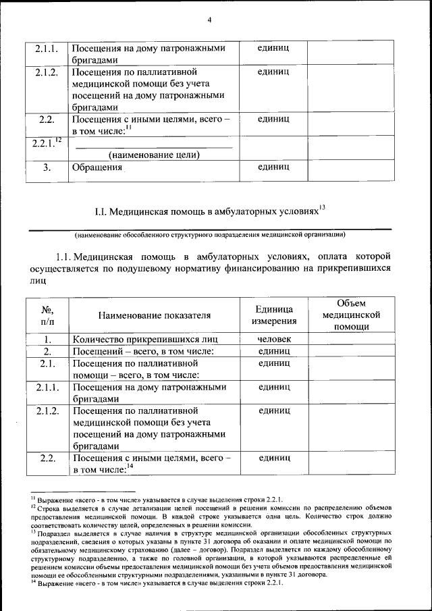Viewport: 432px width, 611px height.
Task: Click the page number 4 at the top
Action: click(x=209, y=20)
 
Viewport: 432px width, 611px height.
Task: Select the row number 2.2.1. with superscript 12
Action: click(x=47, y=142)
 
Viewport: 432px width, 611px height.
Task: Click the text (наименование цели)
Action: click(x=154, y=155)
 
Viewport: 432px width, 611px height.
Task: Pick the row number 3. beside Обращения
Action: click(x=47, y=167)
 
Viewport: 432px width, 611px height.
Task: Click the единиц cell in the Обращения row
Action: click(x=273, y=166)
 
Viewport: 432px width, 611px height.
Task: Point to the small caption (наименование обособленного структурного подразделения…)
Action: click(x=210, y=235)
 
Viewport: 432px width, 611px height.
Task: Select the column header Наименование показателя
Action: click(x=154, y=315)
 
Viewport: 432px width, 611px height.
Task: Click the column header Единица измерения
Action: click(x=273, y=315)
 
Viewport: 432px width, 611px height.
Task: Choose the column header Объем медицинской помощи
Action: click(x=350, y=315)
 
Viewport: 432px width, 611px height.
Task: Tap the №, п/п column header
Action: click(x=47, y=315)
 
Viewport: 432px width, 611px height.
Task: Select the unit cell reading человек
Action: click(x=273, y=340)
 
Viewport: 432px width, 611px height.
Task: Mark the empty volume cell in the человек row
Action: click(x=350, y=340)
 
